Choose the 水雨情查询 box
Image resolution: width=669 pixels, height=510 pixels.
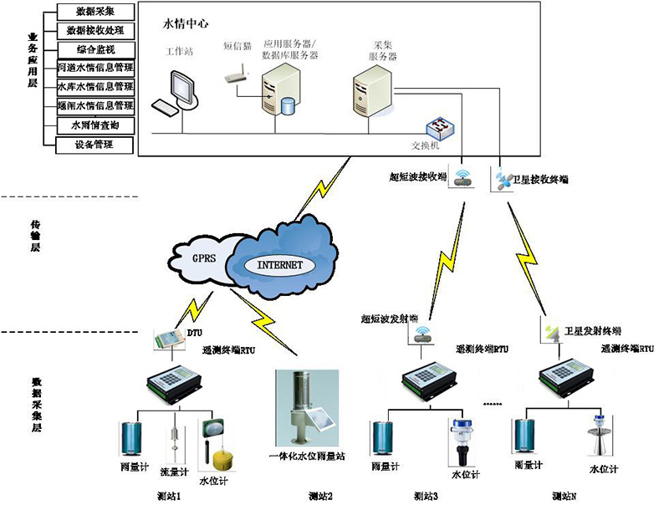[x=94, y=125]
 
